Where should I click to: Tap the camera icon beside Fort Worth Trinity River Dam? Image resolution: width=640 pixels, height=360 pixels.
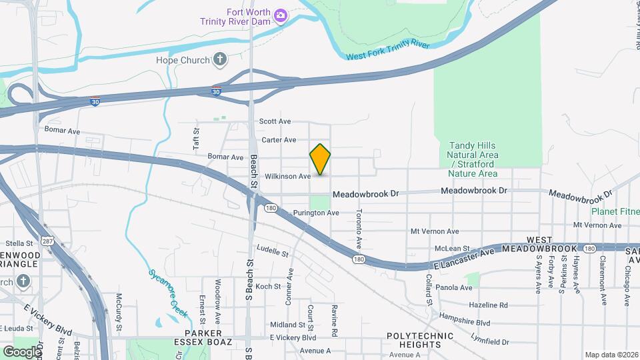pyautogui.click(x=281, y=15)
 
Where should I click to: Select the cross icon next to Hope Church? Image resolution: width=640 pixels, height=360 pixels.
pyautogui.click(x=220, y=59)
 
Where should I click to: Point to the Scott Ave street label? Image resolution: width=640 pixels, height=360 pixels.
pyautogui.click(x=275, y=121)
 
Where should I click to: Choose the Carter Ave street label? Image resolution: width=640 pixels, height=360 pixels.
pyautogui.click(x=279, y=140)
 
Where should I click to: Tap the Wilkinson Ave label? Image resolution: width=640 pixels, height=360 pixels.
pyautogui.click(x=287, y=177)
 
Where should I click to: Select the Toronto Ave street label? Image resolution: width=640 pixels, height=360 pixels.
pyautogui.click(x=358, y=229)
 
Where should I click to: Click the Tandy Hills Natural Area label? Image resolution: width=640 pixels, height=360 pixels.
pyautogui.click(x=473, y=159)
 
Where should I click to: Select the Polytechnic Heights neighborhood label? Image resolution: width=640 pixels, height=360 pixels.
pyautogui.click(x=414, y=340)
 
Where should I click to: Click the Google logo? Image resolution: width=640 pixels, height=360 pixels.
pyautogui.click(x=21, y=351)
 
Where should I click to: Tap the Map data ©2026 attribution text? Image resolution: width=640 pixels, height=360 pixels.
pyautogui.click(x=611, y=355)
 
